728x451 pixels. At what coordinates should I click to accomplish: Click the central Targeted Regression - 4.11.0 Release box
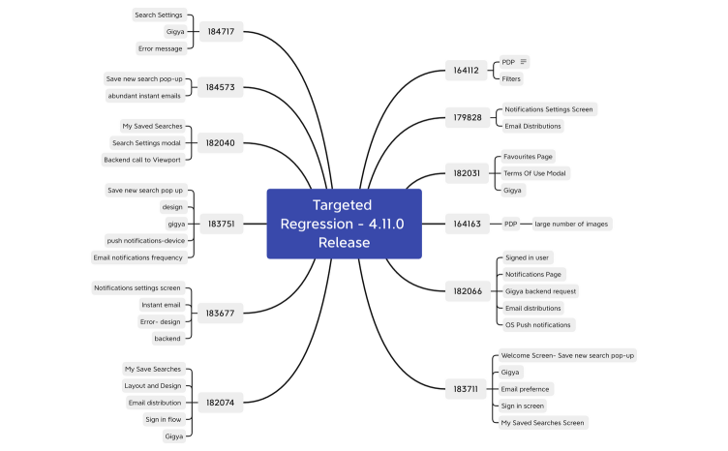(x=344, y=224)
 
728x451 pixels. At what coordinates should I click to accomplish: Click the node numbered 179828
(x=467, y=118)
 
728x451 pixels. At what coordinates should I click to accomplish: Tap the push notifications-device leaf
(x=145, y=240)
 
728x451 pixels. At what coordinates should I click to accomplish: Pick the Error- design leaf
(x=160, y=321)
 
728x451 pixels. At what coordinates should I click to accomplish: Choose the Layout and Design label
(x=153, y=385)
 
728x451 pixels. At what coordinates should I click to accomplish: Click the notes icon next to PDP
(x=524, y=62)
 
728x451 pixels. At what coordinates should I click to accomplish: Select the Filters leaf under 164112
(x=511, y=78)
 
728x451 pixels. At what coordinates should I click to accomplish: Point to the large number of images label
(x=571, y=224)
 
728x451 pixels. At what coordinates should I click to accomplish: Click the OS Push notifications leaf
(x=538, y=324)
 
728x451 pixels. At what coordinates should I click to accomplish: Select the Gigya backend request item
(x=540, y=291)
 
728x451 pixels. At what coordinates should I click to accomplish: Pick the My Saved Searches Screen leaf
(x=542, y=422)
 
